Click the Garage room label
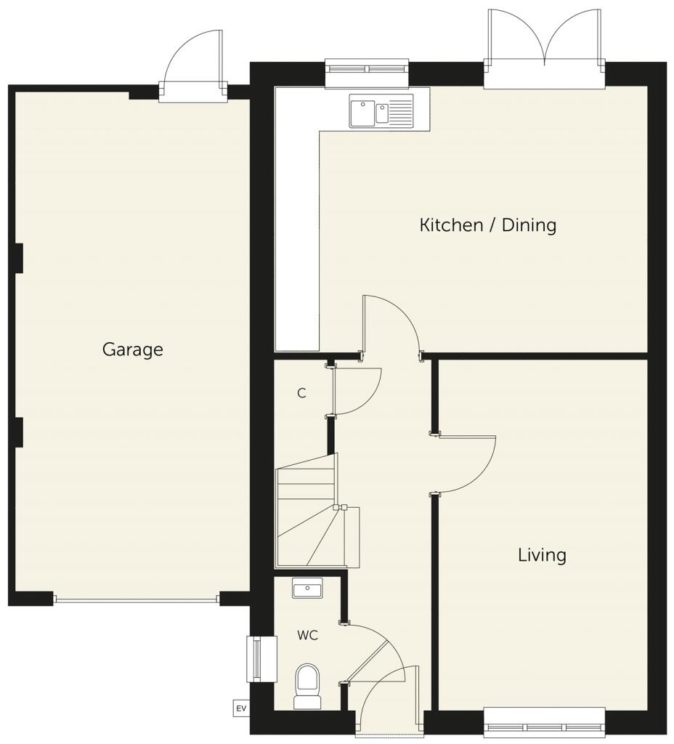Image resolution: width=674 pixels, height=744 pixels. point(132,349)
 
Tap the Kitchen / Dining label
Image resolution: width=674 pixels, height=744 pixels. point(487,225)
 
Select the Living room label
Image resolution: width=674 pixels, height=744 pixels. point(542,555)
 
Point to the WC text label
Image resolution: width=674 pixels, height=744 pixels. point(307,635)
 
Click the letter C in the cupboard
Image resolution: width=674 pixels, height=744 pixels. point(301,393)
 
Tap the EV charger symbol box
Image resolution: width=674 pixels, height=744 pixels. point(241,707)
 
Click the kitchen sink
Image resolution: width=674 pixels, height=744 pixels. point(381,111)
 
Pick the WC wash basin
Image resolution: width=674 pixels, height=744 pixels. point(307,588)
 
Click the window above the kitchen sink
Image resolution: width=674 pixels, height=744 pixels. point(367,70)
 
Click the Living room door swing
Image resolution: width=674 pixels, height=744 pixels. point(465,465)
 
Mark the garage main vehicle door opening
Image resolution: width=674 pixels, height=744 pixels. point(136,600)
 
